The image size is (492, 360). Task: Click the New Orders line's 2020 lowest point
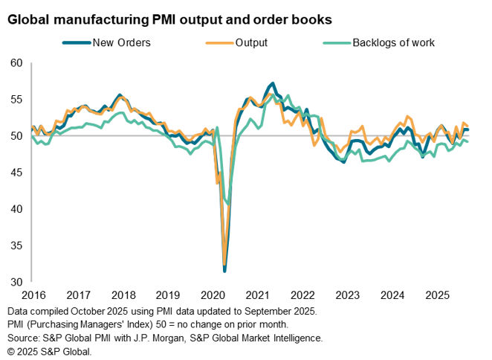click(x=224, y=271)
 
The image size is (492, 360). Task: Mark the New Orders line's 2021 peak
click(x=273, y=83)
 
